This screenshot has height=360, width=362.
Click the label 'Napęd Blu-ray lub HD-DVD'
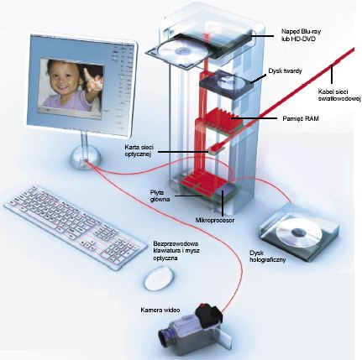[x=300, y=34]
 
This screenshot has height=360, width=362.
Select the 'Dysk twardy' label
[x=285, y=71]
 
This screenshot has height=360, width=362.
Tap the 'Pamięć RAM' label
[x=301, y=118]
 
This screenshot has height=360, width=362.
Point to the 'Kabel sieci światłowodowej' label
[x=339, y=95]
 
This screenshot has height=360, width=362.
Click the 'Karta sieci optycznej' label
[x=138, y=150]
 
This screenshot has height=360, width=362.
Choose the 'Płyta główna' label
[x=160, y=196]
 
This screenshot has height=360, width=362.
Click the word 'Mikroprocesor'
[x=215, y=221]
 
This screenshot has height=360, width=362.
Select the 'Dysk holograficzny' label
[x=267, y=256]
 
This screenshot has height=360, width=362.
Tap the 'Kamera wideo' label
[x=160, y=310]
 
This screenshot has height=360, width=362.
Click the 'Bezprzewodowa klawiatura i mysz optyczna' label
[x=176, y=251]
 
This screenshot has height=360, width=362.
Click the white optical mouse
[x=159, y=278]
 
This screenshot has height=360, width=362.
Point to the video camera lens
[x=166, y=337]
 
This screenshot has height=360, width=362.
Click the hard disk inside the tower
[x=227, y=84]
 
